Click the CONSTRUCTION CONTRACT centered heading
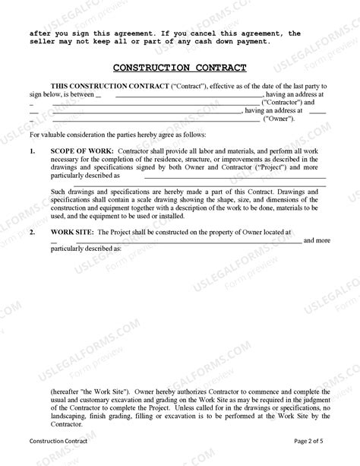(180, 67)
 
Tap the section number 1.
(33, 151)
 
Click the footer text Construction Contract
(58, 441)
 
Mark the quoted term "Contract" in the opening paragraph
(191, 85)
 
